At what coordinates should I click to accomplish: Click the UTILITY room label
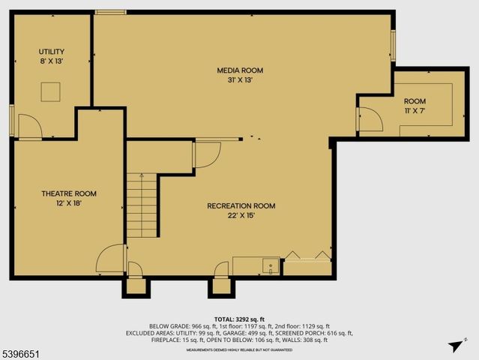coord(52,52)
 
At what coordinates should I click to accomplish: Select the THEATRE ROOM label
coord(68,193)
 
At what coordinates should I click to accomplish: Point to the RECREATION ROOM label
coord(241,205)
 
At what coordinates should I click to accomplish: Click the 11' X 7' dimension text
coord(414,110)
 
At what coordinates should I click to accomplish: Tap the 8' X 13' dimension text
coord(52,61)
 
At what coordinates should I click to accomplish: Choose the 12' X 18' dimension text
coord(68,203)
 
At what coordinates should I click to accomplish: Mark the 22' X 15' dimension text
coord(241,215)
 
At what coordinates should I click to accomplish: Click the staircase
coord(142,204)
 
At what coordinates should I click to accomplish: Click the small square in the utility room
coord(51,91)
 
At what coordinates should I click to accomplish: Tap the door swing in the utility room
coord(30,127)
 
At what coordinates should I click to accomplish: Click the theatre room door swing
coord(110,259)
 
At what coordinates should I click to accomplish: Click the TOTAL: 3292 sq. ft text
coord(239,319)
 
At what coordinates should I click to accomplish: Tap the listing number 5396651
coord(22,351)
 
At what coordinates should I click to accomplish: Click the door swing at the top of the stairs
coord(206,154)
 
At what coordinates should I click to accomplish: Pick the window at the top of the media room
coord(110,11)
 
